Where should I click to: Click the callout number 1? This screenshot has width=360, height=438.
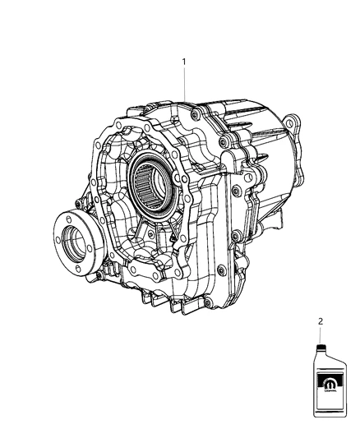point(185,62)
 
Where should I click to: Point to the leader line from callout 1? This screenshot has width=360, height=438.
point(185,86)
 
